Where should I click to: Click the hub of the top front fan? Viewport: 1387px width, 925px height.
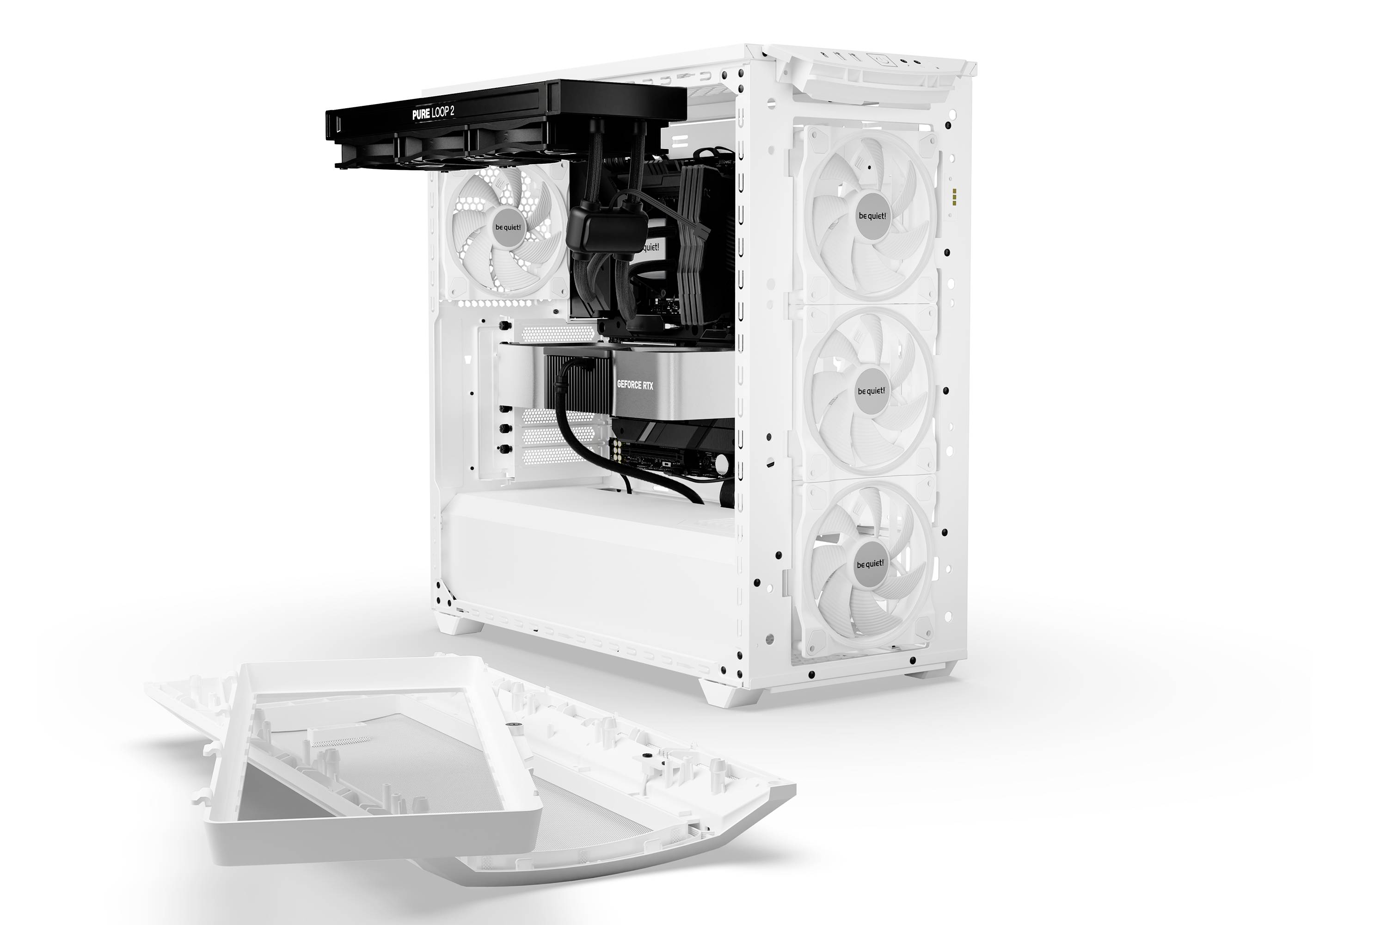tap(871, 216)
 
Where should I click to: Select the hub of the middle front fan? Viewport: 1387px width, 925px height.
tap(871, 391)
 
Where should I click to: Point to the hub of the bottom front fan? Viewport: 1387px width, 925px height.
tap(870, 564)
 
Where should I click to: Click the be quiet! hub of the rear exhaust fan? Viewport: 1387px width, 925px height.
tap(508, 228)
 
